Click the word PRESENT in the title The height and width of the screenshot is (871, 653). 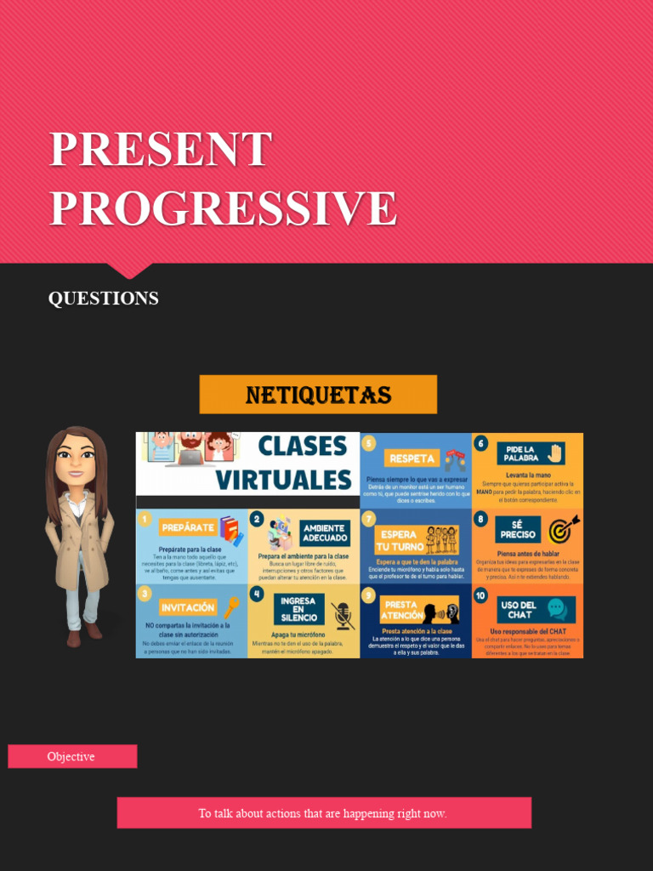tap(161, 150)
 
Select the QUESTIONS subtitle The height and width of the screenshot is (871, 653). tap(103, 299)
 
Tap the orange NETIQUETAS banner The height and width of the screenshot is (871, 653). tap(318, 395)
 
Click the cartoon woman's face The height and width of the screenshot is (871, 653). tap(76, 460)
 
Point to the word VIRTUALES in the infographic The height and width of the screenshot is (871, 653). tap(283, 480)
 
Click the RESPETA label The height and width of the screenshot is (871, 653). tap(412, 458)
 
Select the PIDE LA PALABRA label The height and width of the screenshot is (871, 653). tap(520, 453)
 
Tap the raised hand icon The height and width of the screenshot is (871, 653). tap(556, 453)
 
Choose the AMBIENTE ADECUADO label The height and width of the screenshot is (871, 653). tap(323, 533)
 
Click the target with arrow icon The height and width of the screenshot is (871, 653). tap(563, 529)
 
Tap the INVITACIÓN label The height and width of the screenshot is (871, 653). tap(187, 607)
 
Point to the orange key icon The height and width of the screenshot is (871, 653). tap(230, 606)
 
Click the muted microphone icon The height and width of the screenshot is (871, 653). tap(342, 614)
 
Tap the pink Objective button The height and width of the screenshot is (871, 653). tap(72, 756)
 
